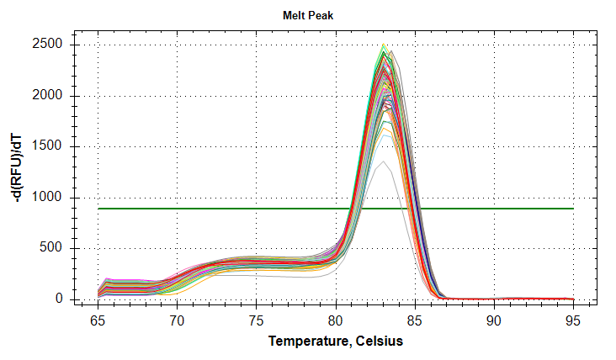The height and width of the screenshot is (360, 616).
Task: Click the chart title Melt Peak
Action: [307, 16]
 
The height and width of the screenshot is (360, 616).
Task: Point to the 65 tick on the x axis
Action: [98, 320]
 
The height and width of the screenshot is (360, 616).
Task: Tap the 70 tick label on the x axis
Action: [177, 320]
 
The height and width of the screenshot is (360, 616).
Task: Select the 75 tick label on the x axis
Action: [257, 320]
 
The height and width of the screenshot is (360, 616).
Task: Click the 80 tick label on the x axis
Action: [336, 320]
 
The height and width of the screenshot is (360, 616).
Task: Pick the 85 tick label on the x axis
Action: [415, 320]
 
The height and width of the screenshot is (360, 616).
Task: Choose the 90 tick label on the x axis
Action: [494, 320]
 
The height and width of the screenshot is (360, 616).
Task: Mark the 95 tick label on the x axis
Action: [573, 320]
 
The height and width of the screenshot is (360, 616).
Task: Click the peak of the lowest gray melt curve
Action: [383, 161]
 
